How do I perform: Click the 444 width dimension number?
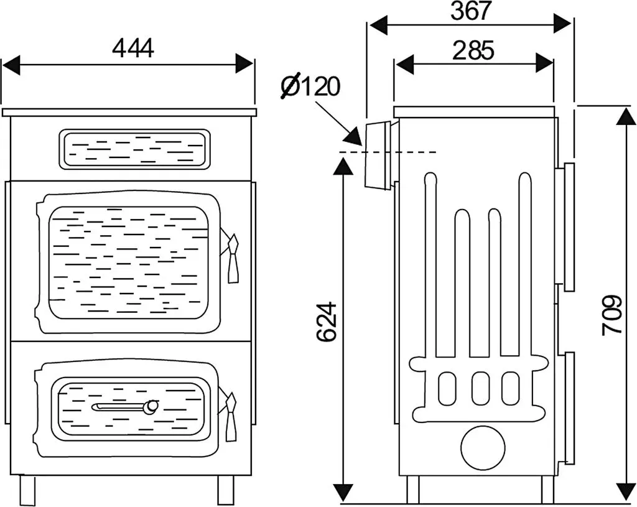point(133,48)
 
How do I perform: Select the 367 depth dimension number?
point(472,11)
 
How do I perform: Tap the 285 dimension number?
point(473,50)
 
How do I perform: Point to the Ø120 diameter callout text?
point(310,86)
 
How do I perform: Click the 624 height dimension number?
point(327,322)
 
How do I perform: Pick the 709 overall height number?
point(612,315)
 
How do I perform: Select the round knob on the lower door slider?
point(152,406)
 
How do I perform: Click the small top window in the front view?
point(135,149)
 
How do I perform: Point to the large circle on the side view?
point(483,449)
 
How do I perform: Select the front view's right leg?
point(226,490)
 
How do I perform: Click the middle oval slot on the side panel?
point(480,385)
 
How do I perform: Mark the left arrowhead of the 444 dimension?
point(11,65)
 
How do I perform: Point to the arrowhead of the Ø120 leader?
point(353,136)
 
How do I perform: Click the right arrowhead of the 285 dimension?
point(544,63)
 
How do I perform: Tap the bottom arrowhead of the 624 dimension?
point(343,493)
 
